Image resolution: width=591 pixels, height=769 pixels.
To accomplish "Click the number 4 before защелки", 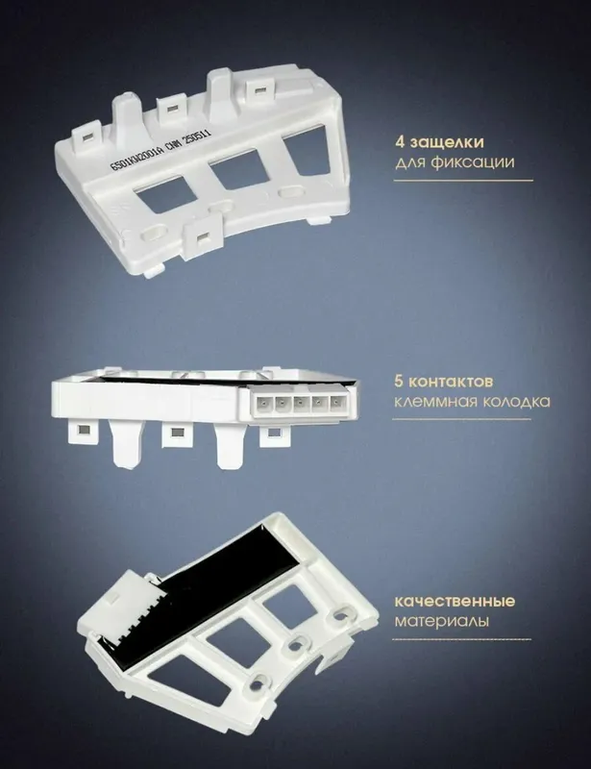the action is [x=400, y=142].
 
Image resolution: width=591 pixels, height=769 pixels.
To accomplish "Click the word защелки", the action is [x=447, y=143].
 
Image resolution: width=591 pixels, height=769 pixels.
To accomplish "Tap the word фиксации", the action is [x=473, y=162].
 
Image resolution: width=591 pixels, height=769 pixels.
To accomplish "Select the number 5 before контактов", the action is [x=400, y=381].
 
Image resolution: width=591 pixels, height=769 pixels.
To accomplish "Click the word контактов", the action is [x=452, y=382].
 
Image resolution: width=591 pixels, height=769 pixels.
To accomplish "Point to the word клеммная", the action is [x=436, y=402].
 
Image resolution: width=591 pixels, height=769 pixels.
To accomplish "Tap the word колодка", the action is [x=516, y=402].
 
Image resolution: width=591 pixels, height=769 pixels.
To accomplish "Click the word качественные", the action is [x=456, y=602].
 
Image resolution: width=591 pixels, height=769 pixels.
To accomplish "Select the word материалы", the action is [x=442, y=621].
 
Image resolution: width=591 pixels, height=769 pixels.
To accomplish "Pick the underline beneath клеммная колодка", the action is [x=461, y=419].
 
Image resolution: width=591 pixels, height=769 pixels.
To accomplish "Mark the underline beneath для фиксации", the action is [x=463, y=181].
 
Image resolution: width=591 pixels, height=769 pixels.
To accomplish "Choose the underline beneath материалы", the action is [x=461, y=639].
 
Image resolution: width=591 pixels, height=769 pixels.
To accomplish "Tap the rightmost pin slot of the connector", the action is [x=336, y=405].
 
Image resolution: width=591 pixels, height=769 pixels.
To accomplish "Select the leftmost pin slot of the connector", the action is [x=263, y=405].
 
